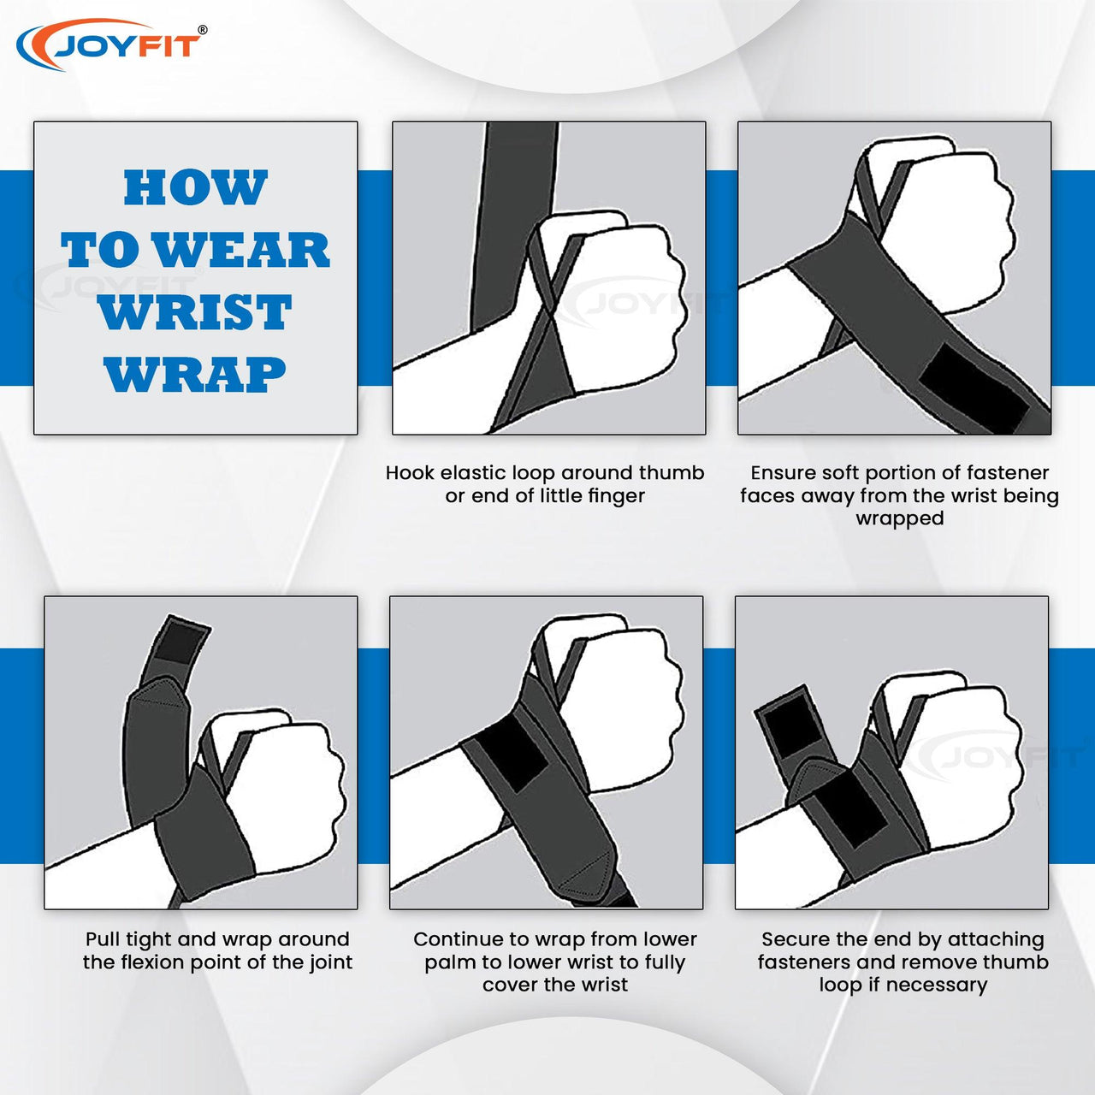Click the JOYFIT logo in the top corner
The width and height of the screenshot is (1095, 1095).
coord(111,45)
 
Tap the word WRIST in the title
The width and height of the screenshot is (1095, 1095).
coord(195,312)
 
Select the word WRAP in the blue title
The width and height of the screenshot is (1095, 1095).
coord(195,374)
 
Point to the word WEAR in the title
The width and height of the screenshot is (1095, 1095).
coord(242,250)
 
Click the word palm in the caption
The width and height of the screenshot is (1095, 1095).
coord(450,963)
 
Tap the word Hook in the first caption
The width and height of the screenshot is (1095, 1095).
coord(410,473)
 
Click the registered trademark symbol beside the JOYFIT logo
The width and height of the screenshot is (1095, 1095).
coord(202,30)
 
